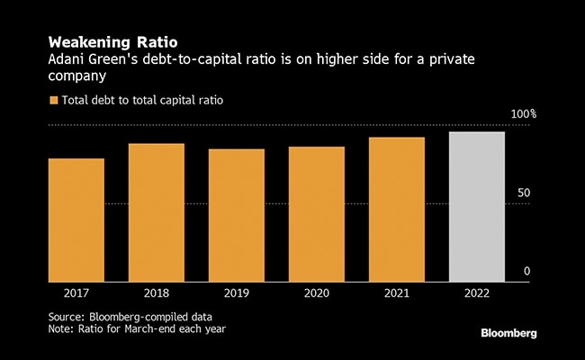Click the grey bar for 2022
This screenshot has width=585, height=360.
click(477, 206)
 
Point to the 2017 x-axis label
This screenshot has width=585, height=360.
click(76, 292)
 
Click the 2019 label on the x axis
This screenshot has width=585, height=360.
click(237, 292)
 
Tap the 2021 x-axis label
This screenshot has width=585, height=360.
click(397, 292)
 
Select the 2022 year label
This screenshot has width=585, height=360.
click(477, 292)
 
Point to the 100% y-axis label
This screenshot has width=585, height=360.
click(524, 114)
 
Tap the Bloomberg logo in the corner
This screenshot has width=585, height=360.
click(508, 333)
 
